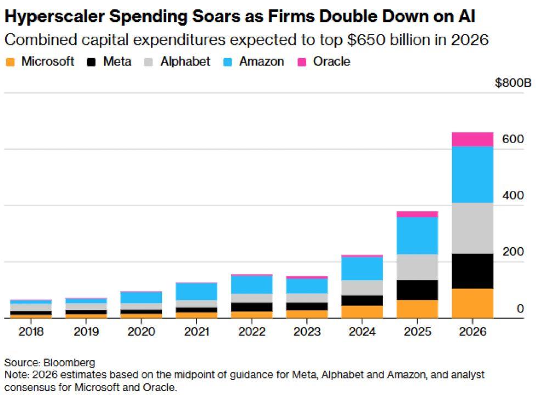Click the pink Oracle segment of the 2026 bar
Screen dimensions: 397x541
[472, 139]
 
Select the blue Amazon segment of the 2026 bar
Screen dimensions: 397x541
[472, 174]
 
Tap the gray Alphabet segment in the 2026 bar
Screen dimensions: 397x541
[472, 228]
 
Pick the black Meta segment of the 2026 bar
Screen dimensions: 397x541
[472, 271]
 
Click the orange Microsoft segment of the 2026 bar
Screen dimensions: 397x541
[472, 303]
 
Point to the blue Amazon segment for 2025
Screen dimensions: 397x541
[417, 235]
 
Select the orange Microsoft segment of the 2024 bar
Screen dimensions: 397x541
[362, 311]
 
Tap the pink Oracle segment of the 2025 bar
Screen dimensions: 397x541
[417, 214]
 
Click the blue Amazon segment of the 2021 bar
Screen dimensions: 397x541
[196, 291]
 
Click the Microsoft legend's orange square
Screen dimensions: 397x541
[10, 62]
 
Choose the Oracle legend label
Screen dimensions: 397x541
[331, 61]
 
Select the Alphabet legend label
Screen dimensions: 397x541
[185, 61]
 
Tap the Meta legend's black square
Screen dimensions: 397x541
[92, 62]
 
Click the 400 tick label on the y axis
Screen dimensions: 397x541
[513, 196]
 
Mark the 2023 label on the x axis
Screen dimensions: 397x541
[307, 332]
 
